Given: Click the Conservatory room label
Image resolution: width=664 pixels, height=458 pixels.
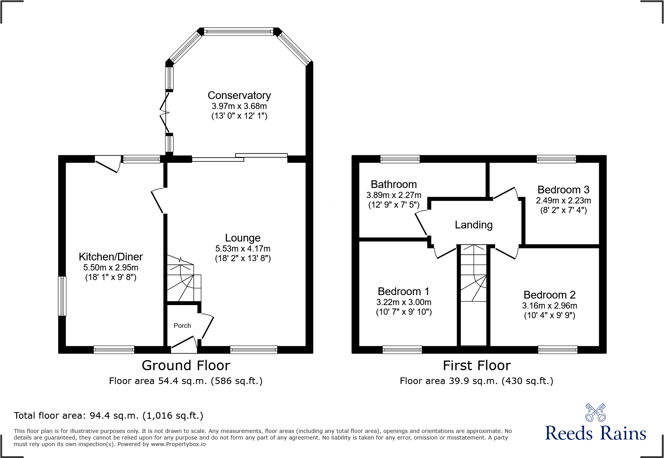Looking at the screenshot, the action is coord(239,95).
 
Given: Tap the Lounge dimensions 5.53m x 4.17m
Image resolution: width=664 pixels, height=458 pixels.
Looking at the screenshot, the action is coord(243,249).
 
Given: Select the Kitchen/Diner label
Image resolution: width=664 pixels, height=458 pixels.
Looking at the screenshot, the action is coord(111,257).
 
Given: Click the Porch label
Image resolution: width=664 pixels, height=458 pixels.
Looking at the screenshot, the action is coord(182,325).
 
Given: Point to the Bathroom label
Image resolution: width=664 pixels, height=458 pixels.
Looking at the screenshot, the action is coord(394,185).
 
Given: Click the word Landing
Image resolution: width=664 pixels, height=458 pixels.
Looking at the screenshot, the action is coord(474,225).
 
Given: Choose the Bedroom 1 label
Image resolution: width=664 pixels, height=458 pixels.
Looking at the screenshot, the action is coord(403,292).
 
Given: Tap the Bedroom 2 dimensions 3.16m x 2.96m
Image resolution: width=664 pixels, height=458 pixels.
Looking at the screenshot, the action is coord(549,306).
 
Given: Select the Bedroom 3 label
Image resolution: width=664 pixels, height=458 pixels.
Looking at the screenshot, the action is coord(563,190).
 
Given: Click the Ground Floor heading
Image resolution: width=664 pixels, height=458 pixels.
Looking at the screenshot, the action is coord(186,366).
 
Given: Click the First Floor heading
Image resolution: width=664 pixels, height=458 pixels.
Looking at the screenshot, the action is coord(477,366).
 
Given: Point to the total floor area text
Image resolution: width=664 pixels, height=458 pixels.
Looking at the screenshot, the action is coord(108,416).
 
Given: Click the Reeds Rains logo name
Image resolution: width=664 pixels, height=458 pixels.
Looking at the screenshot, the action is coord(595,433).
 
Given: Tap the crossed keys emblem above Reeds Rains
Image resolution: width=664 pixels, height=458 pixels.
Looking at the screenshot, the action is coord(595,413).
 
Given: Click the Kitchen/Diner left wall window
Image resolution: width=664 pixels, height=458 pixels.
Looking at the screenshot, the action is coord(62,296).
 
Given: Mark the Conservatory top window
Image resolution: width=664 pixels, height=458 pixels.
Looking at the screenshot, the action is coord(239,32).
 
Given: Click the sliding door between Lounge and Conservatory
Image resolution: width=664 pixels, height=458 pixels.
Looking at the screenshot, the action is coord(239,157).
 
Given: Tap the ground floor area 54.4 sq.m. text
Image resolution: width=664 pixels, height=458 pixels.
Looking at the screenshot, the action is coord(185,381).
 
